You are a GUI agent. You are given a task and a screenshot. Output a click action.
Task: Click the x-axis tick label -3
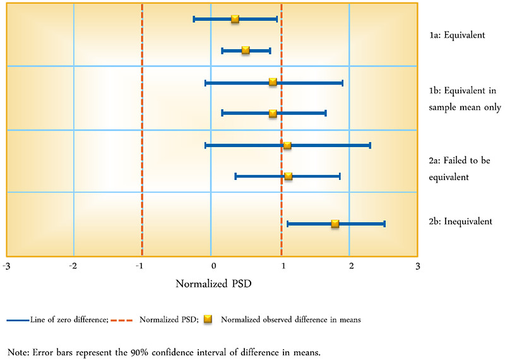coord(6,265)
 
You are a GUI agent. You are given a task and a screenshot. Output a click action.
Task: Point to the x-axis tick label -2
coord(74,265)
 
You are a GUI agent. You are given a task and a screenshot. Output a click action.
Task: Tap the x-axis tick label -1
coord(142,265)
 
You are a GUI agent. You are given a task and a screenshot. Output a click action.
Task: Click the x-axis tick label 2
coord(351,265)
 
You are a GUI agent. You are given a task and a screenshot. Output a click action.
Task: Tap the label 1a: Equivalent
coord(456,35)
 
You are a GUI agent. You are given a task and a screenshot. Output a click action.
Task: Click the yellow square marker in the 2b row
coord(335,224)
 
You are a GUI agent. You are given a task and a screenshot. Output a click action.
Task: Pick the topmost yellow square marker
coord(235,19)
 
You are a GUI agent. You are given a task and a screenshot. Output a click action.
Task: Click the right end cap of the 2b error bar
coord(384,224)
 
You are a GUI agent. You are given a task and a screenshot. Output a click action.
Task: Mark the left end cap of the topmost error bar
coord(194,19)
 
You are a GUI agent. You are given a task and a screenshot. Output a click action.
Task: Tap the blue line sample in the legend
coord(17,320)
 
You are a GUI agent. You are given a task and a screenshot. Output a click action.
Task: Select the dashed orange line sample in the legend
coord(124,320)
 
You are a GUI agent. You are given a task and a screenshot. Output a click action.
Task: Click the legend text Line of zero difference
coord(68,320)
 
